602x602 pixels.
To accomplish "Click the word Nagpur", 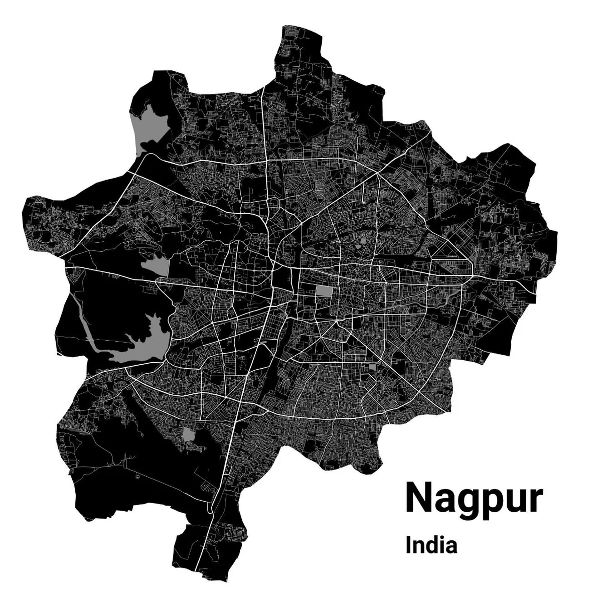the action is point(474,498).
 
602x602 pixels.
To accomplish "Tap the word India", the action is point(431,545).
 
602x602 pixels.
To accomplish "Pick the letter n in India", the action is point(420,547).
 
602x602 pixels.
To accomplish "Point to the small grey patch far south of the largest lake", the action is point(189,434).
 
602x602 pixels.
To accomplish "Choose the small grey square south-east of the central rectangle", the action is point(372,369).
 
